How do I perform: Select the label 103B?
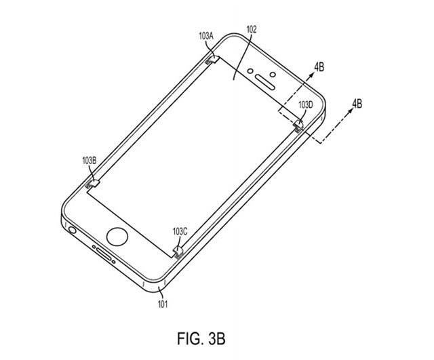pyautogui.click(x=89, y=160)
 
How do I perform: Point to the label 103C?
pyautogui.click(x=180, y=232)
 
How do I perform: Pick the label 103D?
pyautogui.click(x=306, y=106)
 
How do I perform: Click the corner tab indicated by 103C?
pyautogui.click(x=179, y=251)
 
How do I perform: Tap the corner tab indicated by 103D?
pyautogui.click(x=298, y=123)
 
